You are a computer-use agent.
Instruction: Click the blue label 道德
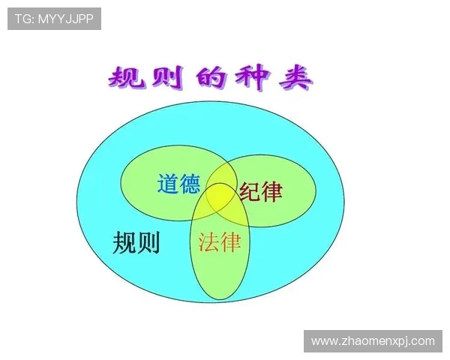click(x=178, y=184)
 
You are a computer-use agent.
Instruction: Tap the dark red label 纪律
click(x=261, y=192)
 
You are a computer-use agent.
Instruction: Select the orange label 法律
click(x=219, y=241)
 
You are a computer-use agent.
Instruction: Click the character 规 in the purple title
click(x=127, y=78)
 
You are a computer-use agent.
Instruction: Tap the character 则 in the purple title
click(x=169, y=78)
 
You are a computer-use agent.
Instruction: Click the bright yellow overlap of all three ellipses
click(x=220, y=197)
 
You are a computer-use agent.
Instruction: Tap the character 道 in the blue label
click(x=168, y=184)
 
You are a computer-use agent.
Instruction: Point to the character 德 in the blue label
click(x=190, y=184)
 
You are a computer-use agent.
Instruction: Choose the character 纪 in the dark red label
click(x=250, y=192)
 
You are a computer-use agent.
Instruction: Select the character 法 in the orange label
click(x=208, y=241)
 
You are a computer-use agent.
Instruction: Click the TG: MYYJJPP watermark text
click(x=54, y=19)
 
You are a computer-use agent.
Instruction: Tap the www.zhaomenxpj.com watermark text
click(x=373, y=341)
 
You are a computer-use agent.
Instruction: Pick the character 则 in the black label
click(x=148, y=242)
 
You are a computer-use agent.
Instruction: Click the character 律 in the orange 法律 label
click(x=230, y=241)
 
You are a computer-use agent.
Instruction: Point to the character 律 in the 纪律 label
click(x=272, y=192)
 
